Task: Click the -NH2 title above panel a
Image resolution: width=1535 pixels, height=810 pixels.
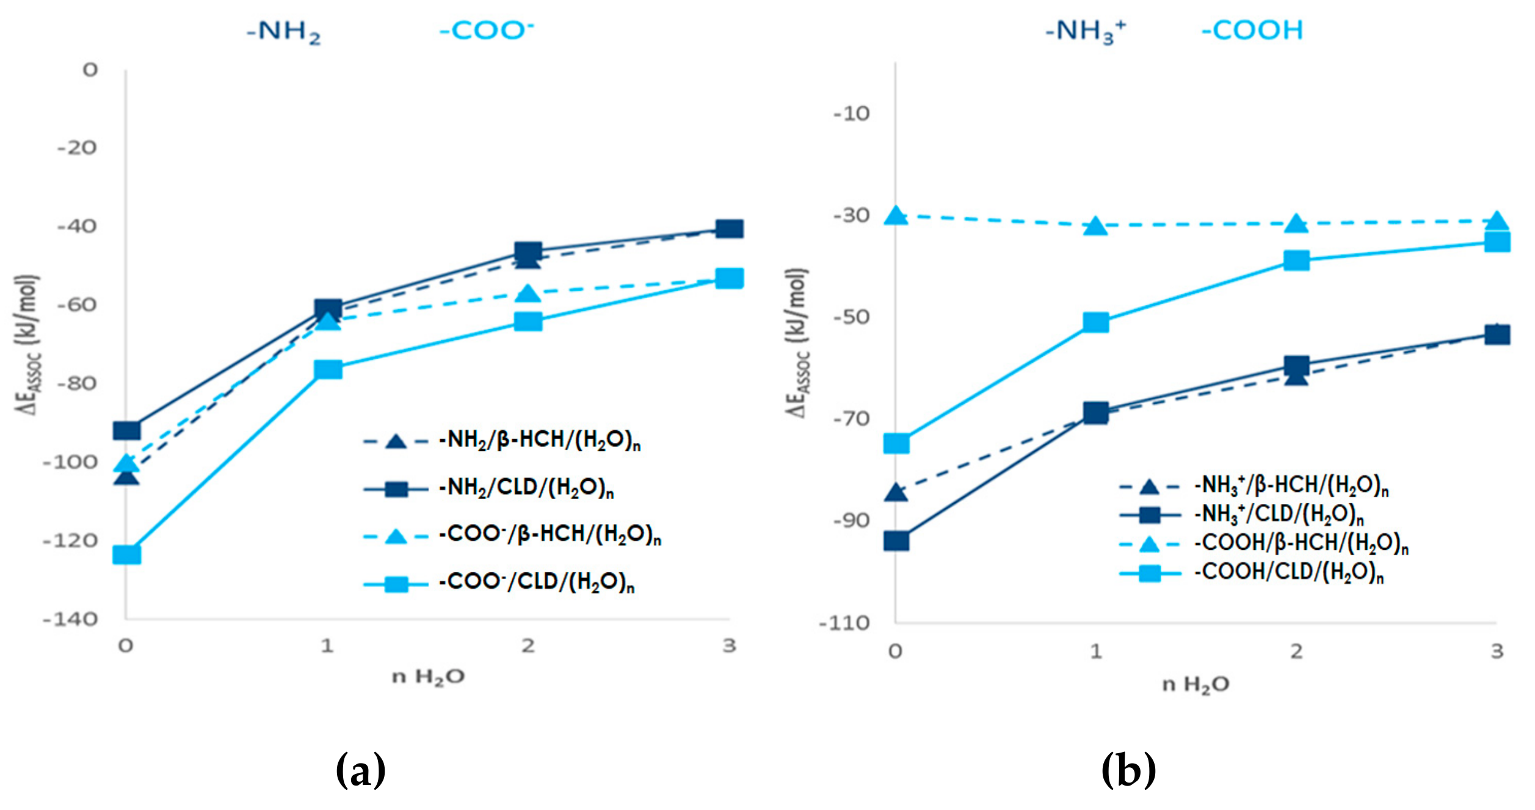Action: tap(283, 31)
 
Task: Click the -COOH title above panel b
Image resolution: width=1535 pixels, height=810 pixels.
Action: tap(1252, 31)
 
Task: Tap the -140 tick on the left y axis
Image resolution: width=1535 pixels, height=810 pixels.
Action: tap(70, 619)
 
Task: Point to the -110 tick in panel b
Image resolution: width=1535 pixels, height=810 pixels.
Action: tap(844, 624)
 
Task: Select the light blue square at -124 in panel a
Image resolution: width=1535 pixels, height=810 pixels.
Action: tap(127, 555)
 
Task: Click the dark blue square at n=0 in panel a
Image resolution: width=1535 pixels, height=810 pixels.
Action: tap(127, 431)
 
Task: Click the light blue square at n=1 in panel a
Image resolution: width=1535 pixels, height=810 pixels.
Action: tap(328, 370)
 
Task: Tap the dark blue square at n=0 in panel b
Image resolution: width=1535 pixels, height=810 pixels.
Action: tap(896, 541)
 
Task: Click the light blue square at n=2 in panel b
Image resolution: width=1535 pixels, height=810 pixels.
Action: tap(1296, 260)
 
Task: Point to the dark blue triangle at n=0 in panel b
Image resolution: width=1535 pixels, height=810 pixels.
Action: tap(896, 492)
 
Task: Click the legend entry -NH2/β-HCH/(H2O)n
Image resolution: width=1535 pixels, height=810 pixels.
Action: tap(540, 440)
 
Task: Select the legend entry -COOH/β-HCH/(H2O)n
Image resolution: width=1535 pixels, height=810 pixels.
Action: tap(1301, 542)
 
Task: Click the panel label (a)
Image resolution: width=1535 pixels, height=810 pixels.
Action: tap(361, 770)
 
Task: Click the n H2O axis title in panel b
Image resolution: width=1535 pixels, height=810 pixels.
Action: tap(1195, 685)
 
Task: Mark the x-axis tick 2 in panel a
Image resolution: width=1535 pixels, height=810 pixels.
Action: tap(528, 646)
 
